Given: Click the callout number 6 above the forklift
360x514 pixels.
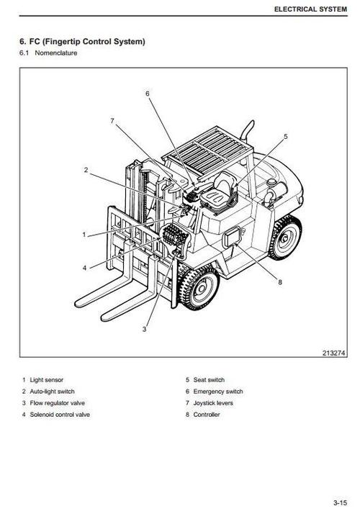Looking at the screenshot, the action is tap(148, 94).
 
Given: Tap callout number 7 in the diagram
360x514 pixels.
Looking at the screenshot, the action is tap(112, 121).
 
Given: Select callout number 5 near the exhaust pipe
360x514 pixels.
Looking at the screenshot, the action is tap(286, 136).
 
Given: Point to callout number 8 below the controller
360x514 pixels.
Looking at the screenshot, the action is tap(280, 282).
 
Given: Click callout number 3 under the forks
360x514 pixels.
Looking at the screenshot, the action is tap(144, 329).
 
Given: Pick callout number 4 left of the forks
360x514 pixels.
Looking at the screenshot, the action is tap(84, 268).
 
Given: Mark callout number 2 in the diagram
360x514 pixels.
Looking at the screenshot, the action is tap(86, 170).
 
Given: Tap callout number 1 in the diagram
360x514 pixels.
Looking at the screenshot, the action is tap(84, 235).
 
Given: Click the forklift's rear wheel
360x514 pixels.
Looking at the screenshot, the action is tap(285, 238).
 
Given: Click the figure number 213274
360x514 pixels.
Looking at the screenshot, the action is tap(334, 353).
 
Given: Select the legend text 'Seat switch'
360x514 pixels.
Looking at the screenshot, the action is tap(209, 380).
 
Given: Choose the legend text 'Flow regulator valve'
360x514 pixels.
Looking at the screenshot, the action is tap(58, 403).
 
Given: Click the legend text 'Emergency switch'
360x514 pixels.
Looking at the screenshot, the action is tap(218, 392).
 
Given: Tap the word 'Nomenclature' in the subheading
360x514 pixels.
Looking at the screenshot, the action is tap(56, 53).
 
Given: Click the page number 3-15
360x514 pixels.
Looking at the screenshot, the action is tap(340, 503).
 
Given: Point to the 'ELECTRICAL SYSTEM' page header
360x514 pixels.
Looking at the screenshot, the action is tap(310, 9).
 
